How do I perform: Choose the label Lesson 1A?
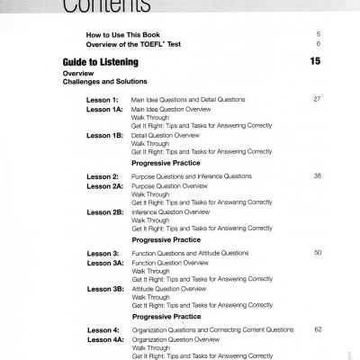(x=104, y=108)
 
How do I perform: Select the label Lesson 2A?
(x=104, y=185)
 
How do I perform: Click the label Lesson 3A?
(x=104, y=263)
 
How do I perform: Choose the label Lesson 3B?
(x=104, y=289)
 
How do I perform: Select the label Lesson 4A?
(x=104, y=340)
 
